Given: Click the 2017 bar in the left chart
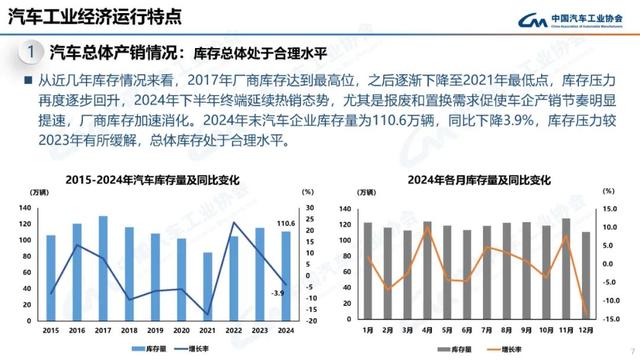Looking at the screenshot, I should [x=103, y=270].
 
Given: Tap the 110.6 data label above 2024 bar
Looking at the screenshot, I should [x=285, y=223].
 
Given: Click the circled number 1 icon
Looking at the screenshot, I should [x=31, y=51].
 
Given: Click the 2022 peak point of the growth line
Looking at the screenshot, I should [x=233, y=223].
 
